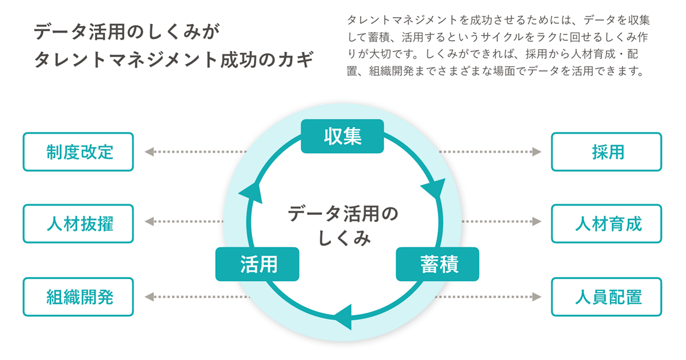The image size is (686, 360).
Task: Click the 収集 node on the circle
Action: point(342,136)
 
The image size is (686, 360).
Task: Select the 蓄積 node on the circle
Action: point(437,264)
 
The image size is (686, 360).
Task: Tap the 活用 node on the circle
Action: point(257,264)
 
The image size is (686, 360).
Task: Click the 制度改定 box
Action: point(78,152)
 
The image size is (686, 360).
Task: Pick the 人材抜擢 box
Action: point(78,223)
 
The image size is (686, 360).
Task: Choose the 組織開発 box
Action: point(78,297)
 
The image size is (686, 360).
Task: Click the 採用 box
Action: point(607,152)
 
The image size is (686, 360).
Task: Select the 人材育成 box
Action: point(607,223)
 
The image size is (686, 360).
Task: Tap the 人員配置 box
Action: point(607,297)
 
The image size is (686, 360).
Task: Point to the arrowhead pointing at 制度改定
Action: point(149,152)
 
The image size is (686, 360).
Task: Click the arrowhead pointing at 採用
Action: point(536,152)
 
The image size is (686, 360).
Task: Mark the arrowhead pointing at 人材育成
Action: point(536,221)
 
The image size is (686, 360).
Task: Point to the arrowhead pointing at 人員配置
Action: point(536,297)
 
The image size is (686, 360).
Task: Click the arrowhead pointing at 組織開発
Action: point(149,297)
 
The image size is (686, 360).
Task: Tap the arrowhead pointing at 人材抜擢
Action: point(149,221)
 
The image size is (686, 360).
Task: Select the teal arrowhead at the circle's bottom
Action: point(343,316)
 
